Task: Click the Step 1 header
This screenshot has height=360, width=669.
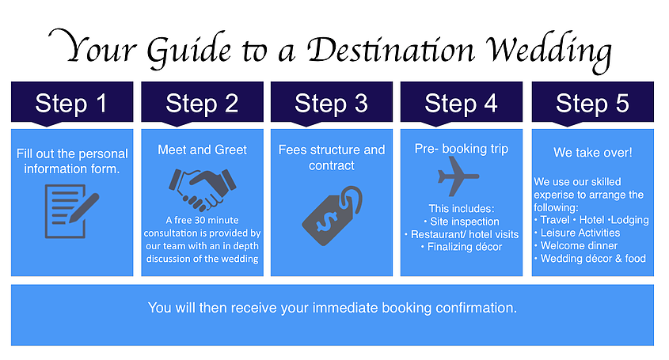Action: [72, 102]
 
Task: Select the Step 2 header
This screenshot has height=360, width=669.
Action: [202, 102]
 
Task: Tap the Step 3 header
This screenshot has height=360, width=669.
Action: [332, 102]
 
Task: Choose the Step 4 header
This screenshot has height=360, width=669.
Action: [462, 102]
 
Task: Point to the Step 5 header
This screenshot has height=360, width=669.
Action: [593, 102]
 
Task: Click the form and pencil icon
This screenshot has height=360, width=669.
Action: [72, 211]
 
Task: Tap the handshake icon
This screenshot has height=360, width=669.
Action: [202, 189]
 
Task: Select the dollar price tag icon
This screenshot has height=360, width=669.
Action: [332, 215]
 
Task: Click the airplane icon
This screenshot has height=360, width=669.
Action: [458, 176]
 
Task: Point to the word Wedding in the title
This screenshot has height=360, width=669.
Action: [549, 51]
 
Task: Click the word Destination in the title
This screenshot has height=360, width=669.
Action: [391, 49]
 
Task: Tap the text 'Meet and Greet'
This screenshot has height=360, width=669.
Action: [202, 150]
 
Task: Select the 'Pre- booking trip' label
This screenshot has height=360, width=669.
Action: [462, 149]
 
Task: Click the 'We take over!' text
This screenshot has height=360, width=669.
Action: [593, 152]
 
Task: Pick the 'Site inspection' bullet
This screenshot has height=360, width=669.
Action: [462, 222]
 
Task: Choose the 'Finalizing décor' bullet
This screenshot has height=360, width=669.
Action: [462, 247]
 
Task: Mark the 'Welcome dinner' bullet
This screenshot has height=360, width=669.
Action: [576, 246]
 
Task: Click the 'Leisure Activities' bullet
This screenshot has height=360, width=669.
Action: [577, 233]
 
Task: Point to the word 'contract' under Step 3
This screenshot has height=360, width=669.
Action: [332, 165]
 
